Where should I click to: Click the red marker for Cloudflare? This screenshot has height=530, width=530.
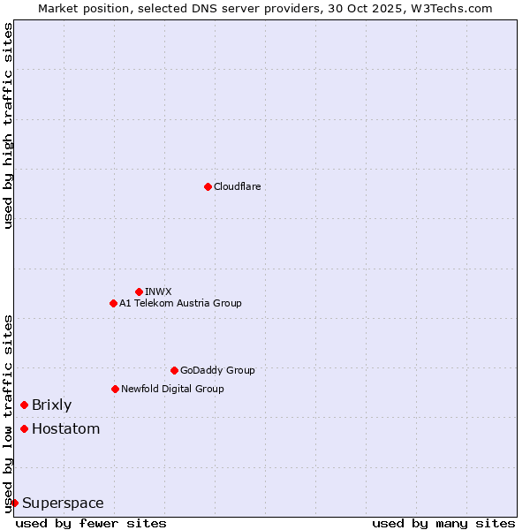coord(208,186)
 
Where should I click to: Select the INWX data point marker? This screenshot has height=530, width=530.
coord(139,291)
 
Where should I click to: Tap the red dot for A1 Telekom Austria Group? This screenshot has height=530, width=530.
coord(113,303)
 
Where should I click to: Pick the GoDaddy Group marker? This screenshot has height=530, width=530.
coord(174,370)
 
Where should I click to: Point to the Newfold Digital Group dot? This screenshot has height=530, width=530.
coord(115,389)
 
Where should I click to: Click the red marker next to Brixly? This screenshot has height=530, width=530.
coord(24,405)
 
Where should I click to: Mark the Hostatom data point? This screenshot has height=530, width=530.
coord(24,428)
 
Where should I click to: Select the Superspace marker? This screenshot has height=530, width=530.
coord(14,503)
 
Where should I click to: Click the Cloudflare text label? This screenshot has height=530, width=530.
coord(237,186)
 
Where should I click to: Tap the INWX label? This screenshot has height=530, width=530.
coord(158,291)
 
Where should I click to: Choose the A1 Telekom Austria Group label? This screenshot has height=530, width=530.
coord(180,303)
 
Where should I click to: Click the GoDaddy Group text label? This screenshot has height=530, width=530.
coord(217,370)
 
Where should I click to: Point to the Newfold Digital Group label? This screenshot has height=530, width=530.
coord(172,389)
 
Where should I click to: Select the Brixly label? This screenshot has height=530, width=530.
coord(51,405)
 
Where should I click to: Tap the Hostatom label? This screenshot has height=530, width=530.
coord(65,429)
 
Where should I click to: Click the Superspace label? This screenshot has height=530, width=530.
coord(63,503)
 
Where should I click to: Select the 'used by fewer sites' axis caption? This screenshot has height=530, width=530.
coord(91,523)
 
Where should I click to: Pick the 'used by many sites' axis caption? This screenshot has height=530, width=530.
coord(443,523)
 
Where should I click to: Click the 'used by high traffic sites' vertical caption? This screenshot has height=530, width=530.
coord(8,125)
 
